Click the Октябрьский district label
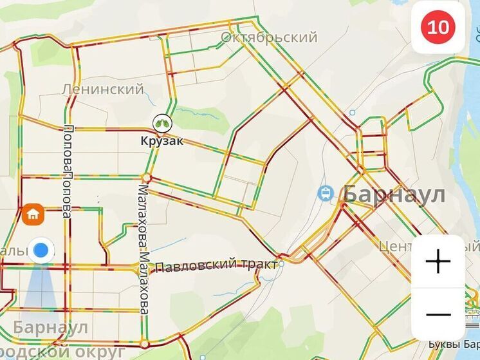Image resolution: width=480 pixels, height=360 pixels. coord(269,37)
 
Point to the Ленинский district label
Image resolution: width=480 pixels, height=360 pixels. coord(104,89)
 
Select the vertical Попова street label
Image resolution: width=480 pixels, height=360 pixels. coord(66,171)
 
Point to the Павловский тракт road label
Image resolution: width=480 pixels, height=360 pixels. coord(216,265)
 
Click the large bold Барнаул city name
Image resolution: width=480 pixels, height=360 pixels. coord(394,193)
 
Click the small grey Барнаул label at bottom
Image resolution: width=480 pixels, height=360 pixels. coord(50,327)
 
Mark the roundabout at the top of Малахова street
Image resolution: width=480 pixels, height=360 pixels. coord(147,177)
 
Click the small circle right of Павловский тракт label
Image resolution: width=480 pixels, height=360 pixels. coord(281,263)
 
